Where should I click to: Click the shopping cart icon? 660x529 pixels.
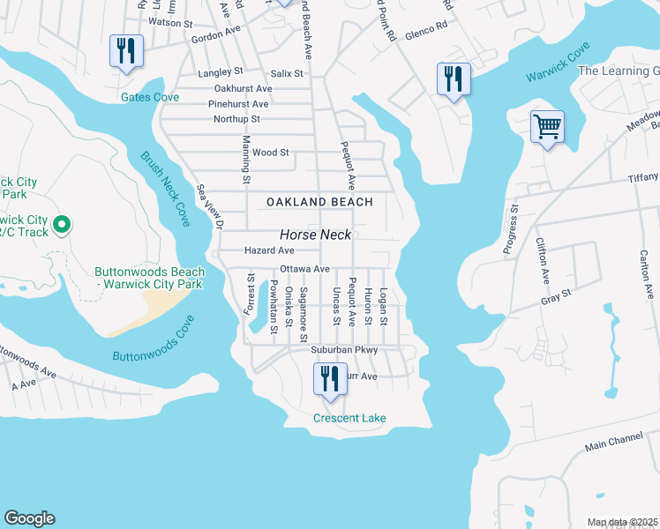coord(547,127)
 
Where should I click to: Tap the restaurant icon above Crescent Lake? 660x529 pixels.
coord(328,380)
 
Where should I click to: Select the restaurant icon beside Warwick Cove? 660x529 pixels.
coord(454,79)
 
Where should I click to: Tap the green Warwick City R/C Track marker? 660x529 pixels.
coord(61,226)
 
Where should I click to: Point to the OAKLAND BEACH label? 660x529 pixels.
coord(320,202)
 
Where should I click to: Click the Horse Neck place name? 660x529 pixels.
coord(316,235)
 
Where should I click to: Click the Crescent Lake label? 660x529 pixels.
coord(349,418)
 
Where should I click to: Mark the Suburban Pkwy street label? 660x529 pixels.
coord(344,350)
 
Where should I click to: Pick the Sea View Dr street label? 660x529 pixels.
coord(210,206)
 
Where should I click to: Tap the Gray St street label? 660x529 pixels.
coord(556,298)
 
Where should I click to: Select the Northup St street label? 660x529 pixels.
coord(236,119)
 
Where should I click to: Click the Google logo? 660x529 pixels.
coord(29,518)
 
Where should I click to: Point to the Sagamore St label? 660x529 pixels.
coord(303,314)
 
